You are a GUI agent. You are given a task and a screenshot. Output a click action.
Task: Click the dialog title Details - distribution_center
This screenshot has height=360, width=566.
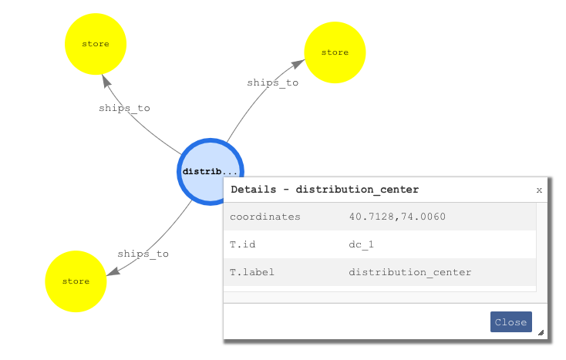(325, 189)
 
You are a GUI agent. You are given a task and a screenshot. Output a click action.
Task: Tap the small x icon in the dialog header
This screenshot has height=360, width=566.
(539, 190)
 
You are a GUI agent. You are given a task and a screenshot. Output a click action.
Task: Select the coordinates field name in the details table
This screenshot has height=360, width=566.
(264, 217)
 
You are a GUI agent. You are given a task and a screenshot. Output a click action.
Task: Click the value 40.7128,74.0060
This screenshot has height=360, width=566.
(397, 217)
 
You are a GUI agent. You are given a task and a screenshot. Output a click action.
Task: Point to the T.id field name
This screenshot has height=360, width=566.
(242, 244)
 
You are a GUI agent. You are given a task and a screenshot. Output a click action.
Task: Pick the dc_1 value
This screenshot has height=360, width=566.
(361, 244)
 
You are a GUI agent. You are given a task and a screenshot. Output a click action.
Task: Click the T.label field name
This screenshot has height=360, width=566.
(251, 272)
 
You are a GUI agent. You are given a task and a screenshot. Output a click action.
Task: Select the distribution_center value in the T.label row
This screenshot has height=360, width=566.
(409, 272)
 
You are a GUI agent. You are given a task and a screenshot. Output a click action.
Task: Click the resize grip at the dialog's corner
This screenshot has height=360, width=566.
(541, 333)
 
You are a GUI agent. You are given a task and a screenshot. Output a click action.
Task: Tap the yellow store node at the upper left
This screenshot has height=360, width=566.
(96, 44)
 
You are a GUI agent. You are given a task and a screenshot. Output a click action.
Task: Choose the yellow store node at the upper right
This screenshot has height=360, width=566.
(335, 52)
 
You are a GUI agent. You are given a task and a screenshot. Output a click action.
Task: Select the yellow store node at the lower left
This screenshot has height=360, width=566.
(76, 281)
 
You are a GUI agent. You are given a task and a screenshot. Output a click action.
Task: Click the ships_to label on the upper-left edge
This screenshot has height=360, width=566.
(124, 109)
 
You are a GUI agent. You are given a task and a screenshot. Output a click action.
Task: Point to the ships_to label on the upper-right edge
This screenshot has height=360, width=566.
(272, 82)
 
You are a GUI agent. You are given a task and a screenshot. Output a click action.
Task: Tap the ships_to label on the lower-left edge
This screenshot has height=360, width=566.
(143, 254)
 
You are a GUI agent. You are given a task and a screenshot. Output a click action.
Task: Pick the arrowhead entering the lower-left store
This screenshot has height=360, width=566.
(113, 271)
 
